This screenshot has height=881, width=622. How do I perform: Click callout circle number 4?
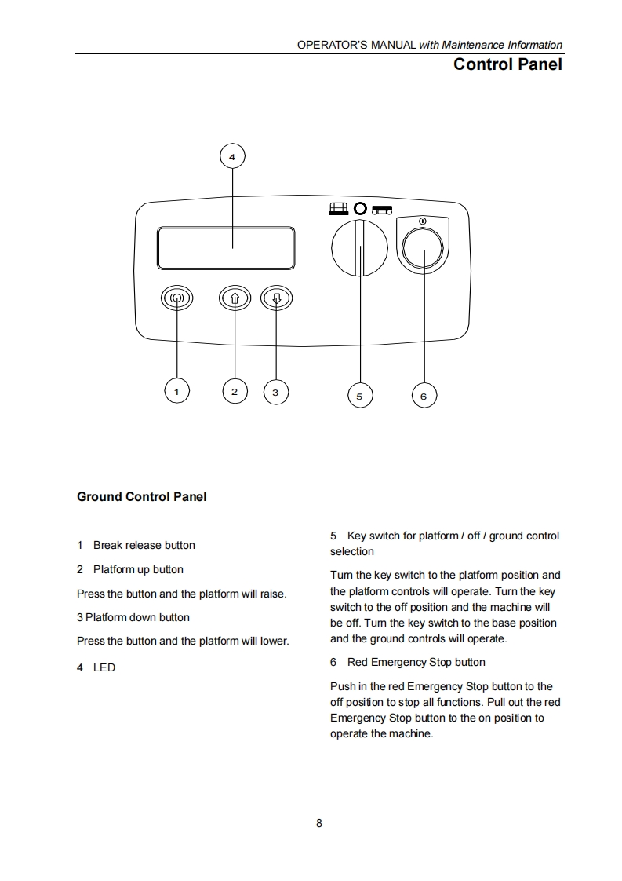[231, 157]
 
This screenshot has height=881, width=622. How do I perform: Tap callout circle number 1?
[176, 390]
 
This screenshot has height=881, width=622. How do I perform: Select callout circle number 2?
[235, 390]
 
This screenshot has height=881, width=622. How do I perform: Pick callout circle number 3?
[275, 391]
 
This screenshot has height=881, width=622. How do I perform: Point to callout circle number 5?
[359, 396]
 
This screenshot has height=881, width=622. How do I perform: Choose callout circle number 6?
[424, 396]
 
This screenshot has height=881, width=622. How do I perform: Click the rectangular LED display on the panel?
[226, 247]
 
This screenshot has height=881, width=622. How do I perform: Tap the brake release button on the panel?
[176, 298]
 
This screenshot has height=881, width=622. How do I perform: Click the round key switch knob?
[359, 247]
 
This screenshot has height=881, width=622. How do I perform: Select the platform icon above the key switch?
[338, 209]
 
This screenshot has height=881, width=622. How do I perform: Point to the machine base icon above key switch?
[382, 209]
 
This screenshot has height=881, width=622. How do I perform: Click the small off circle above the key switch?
[360, 209]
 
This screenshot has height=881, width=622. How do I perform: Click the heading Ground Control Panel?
[142, 496]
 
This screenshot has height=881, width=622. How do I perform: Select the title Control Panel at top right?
[507, 64]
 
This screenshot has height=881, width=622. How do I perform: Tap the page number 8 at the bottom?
[319, 823]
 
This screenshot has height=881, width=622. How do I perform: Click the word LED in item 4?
[104, 667]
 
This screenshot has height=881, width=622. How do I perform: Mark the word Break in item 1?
[107, 545]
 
